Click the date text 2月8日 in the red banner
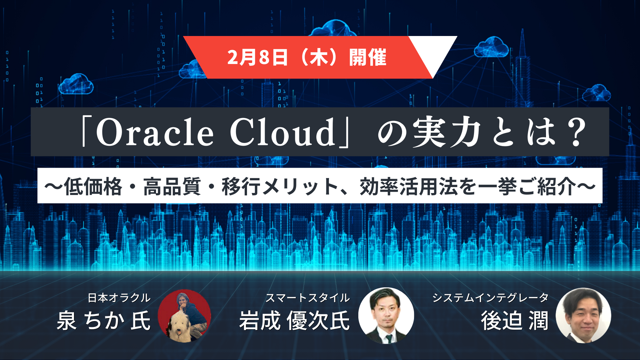coord(257,57)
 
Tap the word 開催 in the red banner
coord(368,57)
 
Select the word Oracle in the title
coord(155,132)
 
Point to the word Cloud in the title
coord(283,132)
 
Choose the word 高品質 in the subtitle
coord(172,186)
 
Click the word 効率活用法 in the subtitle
coord(408,186)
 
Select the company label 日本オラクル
coord(119,298)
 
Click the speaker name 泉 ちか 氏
coord(104,320)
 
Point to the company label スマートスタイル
coord(307,298)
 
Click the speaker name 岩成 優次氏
coord(294,320)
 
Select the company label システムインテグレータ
coord(490,298)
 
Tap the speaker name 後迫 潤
coord(515,320)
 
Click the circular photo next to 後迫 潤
coord(583,315)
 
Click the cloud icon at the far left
coord(76,84)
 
